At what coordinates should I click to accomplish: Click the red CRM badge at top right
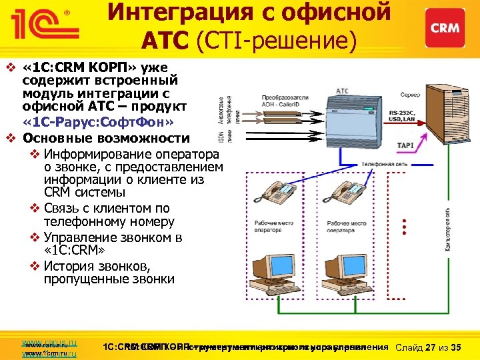[445, 27]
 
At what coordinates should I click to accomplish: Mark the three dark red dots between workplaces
[404, 223]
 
